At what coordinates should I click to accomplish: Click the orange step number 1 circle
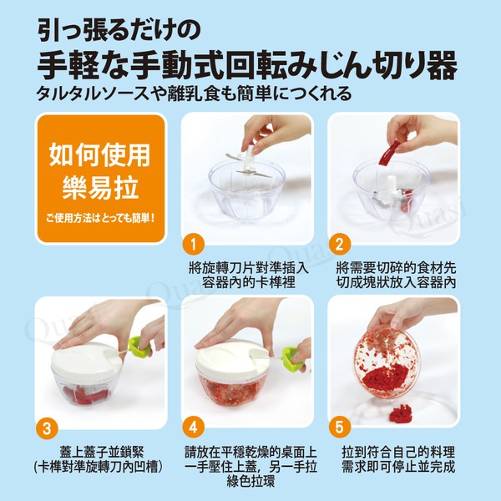pyautogui.click(x=194, y=245)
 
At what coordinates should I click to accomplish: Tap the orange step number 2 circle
pyautogui.click(x=340, y=245)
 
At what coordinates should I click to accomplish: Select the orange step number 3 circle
pyautogui.click(x=47, y=428)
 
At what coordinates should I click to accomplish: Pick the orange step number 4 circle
pyautogui.click(x=194, y=428)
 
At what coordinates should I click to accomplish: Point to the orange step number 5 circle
pyautogui.click(x=340, y=428)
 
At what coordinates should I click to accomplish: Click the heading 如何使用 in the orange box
pyautogui.click(x=100, y=155)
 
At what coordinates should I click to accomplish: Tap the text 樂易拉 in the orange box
pyautogui.click(x=100, y=188)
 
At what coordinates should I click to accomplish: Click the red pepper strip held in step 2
pyautogui.click(x=389, y=153)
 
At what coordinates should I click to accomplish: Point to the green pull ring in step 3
pyautogui.click(x=139, y=347)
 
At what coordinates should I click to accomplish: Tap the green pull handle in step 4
pyautogui.click(x=292, y=358)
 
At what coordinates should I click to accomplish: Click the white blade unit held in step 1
pyautogui.click(x=250, y=162)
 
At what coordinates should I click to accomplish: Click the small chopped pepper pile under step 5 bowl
pyautogui.click(x=400, y=412)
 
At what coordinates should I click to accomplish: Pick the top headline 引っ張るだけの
pyautogui.click(x=119, y=29)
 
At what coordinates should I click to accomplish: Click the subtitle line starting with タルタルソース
pyautogui.click(x=195, y=94)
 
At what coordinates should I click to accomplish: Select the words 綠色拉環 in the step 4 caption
pyautogui.click(x=250, y=481)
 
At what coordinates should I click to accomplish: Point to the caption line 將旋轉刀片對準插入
pyautogui.click(x=249, y=268)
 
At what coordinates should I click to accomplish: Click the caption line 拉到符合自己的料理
pyautogui.click(x=398, y=452)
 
